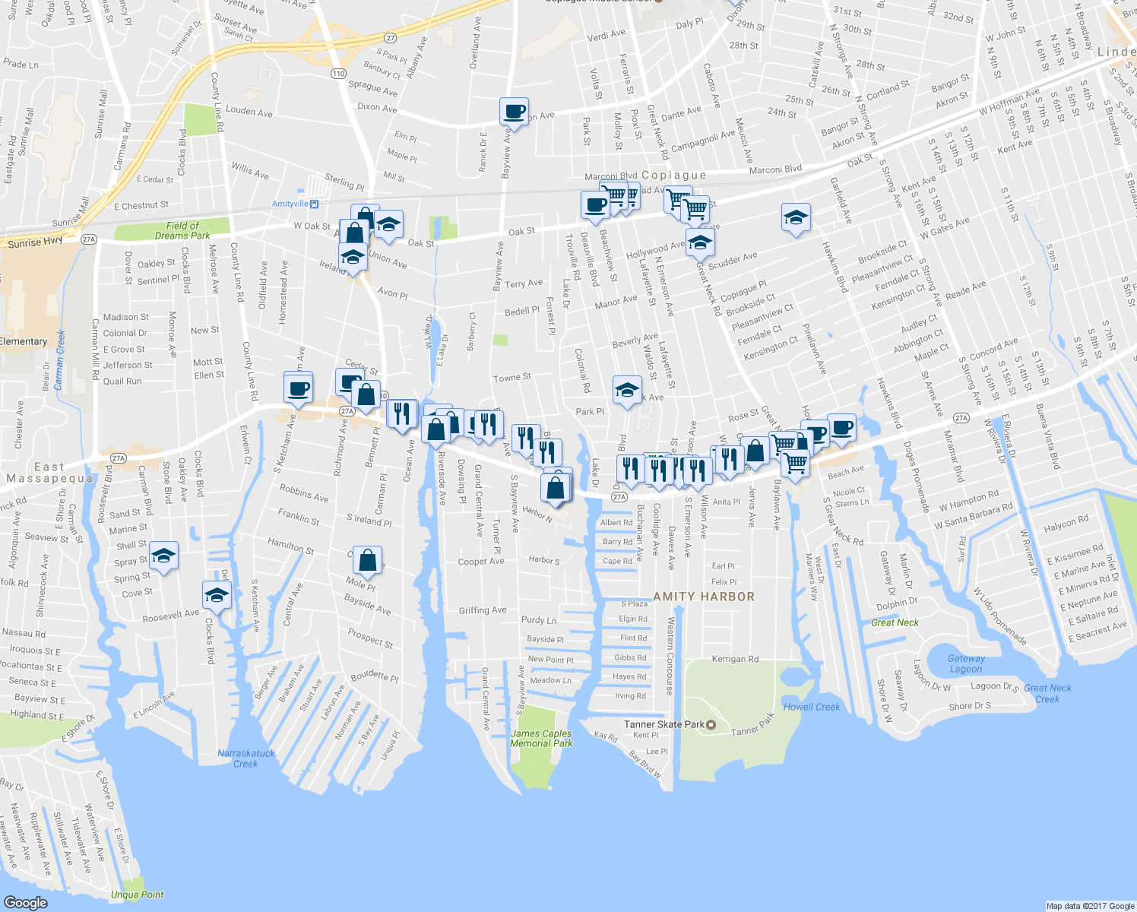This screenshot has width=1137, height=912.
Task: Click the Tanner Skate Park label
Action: pos(664,724)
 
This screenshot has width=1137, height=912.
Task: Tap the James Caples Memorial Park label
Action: pos(541,739)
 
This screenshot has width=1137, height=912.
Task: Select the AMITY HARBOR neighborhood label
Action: pos(704,597)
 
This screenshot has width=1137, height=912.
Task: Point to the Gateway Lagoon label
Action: pos(966,663)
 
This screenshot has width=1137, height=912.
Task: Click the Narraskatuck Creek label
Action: pos(246,758)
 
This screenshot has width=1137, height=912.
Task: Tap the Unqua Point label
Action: pos(137,895)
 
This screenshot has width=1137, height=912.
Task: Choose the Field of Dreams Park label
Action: pos(182,230)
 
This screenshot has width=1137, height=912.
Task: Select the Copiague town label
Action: pos(673,176)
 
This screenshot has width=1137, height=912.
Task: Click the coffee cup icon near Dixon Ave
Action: pos(515,112)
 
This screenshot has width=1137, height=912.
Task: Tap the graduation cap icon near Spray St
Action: pos(163,556)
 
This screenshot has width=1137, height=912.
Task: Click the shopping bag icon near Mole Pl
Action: pos(367,561)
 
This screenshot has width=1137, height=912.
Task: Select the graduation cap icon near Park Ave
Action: pos(626,391)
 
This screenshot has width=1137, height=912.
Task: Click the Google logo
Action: pos(25,902)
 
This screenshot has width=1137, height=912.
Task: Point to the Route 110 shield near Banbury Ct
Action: pos(338,74)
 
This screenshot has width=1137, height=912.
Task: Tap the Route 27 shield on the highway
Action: pos(390,37)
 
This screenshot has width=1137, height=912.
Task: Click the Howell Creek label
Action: pos(812,707)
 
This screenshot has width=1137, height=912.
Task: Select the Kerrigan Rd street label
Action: pos(735,659)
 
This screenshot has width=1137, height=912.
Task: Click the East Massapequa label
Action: pos(49,473)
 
